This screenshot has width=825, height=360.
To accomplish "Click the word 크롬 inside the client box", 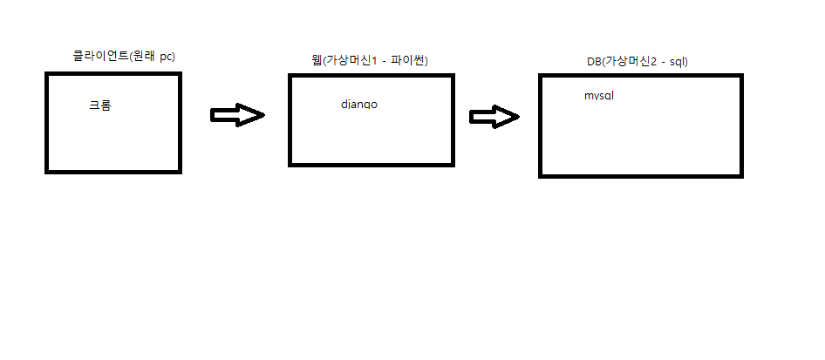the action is (x=100, y=105).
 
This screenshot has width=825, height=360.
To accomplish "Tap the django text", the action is (x=359, y=105).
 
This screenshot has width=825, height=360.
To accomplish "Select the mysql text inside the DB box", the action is (x=599, y=96).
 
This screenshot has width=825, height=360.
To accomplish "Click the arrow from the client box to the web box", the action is (x=236, y=115).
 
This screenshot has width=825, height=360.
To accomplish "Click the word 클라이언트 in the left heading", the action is (x=99, y=57).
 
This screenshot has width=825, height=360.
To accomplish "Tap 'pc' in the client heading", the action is (x=167, y=57).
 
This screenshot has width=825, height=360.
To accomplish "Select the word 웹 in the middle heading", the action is (x=304, y=60).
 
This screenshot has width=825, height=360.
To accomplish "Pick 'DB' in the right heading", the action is (x=594, y=63).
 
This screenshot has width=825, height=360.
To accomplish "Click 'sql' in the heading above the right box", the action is (x=679, y=63).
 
